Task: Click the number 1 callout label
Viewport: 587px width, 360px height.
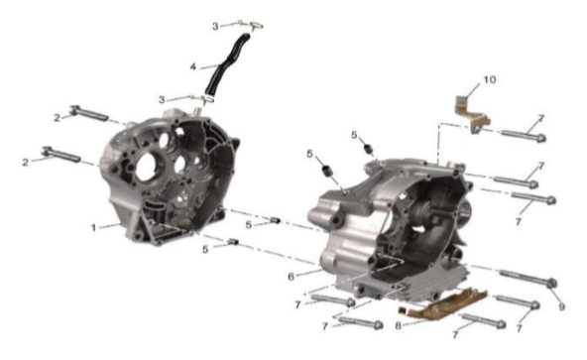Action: [x=94, y=227]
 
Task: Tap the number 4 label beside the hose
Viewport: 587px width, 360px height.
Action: [x=192, y=67]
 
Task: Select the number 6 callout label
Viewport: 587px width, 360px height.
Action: [x=292, y=277]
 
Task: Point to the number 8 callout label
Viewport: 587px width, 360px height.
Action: [x=398, y=325]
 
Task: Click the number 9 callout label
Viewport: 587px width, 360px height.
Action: [x=561, y=306]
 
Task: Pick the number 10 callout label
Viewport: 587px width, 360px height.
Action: [x=490, y=79]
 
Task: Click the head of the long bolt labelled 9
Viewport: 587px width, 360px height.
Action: [x=552, y=284]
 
